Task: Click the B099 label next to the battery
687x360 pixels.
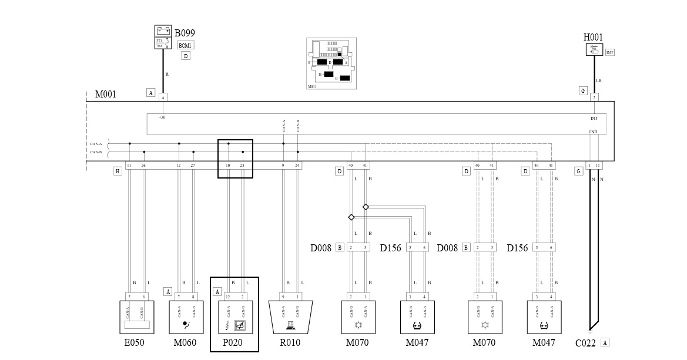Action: [x=185, y=33]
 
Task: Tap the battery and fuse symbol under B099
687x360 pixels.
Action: [x=163, y=37]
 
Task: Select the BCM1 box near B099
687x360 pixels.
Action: [x=185, y=45]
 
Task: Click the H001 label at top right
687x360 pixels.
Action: [x=593, y=38]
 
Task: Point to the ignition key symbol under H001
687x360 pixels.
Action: [x=594, y=50]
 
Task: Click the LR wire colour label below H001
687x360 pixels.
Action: [x=599, y=81]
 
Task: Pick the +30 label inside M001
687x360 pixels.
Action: [x=162, y=117]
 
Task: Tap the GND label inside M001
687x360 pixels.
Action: [x=593, y=132]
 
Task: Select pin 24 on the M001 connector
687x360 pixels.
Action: [x=297, y=166]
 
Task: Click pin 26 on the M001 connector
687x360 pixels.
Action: [x=143, y=166]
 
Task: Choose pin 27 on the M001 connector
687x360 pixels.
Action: [x=193, y=166]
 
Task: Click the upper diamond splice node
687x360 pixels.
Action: [x=366, y=207]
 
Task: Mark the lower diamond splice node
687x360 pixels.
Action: [x=351, y=217]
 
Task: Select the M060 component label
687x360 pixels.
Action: [x=185, y=343]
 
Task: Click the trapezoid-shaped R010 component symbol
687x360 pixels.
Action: [x=290, y=318]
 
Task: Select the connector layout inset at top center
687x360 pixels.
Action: [x=331, y=63]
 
